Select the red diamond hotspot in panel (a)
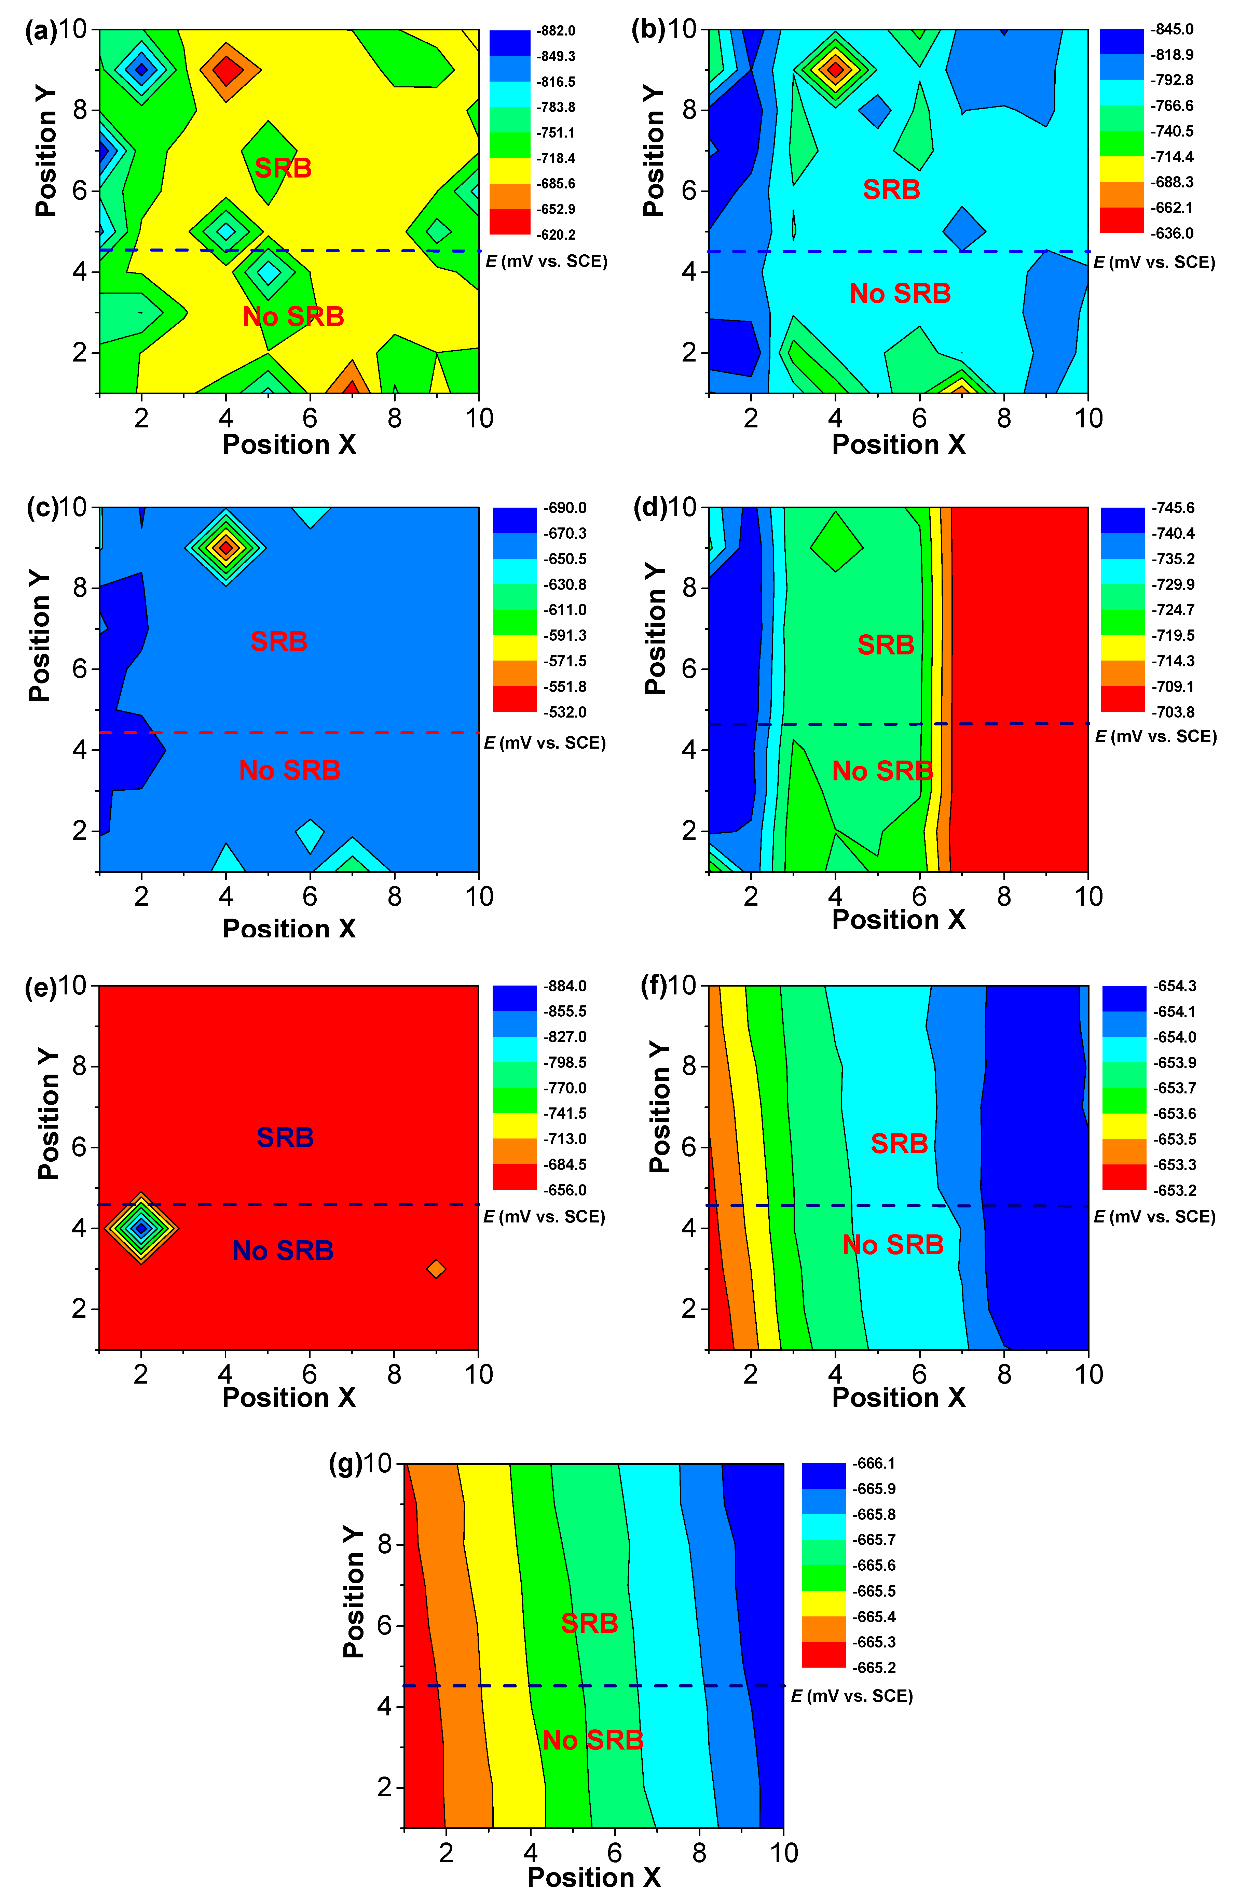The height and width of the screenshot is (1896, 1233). (227, 71)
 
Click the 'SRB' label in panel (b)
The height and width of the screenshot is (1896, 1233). (891, 189)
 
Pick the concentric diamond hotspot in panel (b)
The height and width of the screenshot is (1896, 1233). (835, 70)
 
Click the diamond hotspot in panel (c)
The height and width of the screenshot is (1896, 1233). (227, 547)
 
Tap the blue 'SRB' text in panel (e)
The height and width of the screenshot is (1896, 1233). (285, 1137)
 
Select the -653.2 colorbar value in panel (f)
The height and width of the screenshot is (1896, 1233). (1174, 1190)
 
